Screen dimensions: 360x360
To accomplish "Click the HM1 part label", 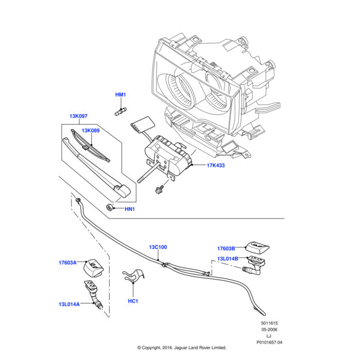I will [x=121, y=95].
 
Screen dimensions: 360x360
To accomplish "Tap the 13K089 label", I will [x=91, y=130].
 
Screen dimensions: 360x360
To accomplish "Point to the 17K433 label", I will [x=215, y=165].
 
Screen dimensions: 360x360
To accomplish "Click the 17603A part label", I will [x=68, y=262].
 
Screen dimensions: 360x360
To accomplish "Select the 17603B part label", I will [x=227, y=248].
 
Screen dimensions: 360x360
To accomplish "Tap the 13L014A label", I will [x=70, y=304].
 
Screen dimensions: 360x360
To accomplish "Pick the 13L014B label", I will [x=227, y=259].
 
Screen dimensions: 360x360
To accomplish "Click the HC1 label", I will [x=133, y=301].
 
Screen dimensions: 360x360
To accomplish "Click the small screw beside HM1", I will [x=121, y=110].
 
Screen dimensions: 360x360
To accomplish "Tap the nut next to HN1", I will [x=110, y=207].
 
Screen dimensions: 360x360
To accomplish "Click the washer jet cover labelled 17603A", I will [x=94, y=265].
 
